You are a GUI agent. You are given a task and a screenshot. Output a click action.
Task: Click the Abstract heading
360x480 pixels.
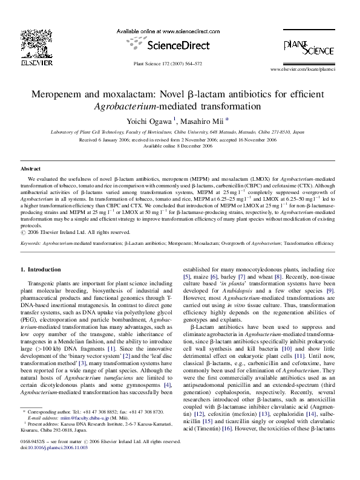coord(30,169)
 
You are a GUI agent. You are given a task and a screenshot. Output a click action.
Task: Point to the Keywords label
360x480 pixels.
coord(31,243)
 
